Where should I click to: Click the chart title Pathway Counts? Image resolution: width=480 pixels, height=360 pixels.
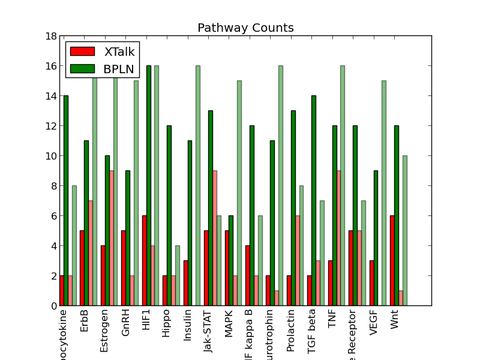(245, 28)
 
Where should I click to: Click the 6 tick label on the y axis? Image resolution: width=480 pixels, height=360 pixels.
(51, 216)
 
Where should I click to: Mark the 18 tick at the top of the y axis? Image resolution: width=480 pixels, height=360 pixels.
(49, 36)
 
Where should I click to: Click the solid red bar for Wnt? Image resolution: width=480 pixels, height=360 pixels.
(392, 261)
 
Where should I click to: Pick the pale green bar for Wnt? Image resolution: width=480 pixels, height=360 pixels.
(405, 231)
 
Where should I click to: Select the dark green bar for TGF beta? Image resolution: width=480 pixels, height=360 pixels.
(314, 201)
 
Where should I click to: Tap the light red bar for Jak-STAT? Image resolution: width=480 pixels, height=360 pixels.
(215, 238)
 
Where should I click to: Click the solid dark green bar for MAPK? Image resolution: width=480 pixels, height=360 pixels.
(231, 261)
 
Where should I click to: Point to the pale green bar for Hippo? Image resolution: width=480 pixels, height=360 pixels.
(177, 276)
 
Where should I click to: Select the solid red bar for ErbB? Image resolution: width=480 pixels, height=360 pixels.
(82, 268)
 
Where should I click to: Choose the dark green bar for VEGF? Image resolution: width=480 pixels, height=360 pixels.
(376, 238)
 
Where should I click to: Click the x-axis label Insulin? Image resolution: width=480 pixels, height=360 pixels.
(188, 325)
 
